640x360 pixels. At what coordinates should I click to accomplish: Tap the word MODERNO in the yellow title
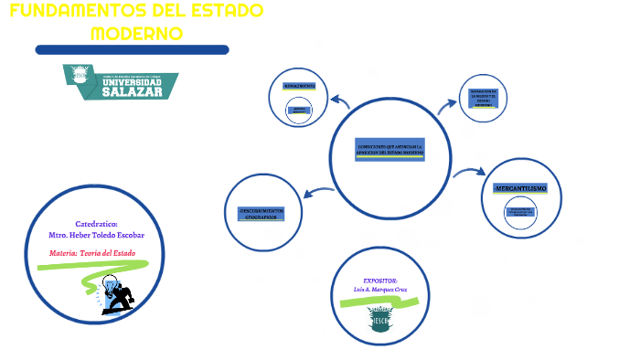137,33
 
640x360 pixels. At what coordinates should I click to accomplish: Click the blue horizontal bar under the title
132,49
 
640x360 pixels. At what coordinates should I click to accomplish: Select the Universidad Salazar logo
120,81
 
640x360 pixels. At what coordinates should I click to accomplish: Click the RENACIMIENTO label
299,86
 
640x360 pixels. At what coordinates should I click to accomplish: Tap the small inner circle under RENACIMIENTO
299,110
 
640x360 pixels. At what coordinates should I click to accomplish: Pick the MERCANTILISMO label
520,188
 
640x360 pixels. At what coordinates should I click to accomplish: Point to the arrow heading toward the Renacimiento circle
339,100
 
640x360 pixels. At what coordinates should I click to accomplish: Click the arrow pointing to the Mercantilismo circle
469,171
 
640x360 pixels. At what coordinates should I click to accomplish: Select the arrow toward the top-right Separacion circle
448,104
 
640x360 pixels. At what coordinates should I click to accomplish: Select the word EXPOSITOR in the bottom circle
380,280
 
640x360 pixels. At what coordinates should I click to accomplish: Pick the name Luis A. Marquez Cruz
380,290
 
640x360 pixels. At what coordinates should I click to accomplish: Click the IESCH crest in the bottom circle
380,319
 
